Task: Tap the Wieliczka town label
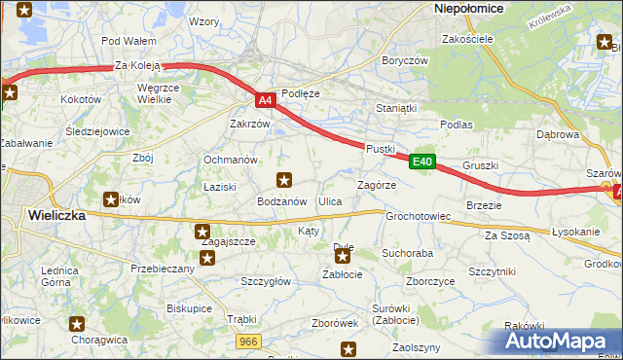(x=56, y=215)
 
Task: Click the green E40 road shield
(x=421, y=162)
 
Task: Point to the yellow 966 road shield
(x=248, y=340)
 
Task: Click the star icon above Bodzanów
(x=284, y=179)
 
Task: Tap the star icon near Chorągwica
(x=78, y=323)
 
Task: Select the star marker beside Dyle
(x=343, y=257)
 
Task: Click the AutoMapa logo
(x=555, y=341)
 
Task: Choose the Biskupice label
(x=189, y=307)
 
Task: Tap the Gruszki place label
(x=481, y=165)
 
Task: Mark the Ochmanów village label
(x=230, y=160)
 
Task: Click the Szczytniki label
(x=492, y=271)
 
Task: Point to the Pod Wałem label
(x=129, y=41)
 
